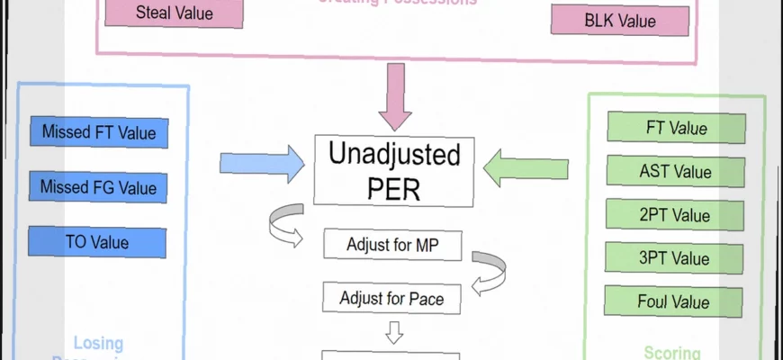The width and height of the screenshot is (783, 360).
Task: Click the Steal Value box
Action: tap(175, 13)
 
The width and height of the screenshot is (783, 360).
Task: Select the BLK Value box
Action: tap(620, 21)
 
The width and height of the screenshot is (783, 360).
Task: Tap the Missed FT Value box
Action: tap(98, 133)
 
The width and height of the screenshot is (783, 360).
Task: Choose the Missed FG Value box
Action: tap(98, 188)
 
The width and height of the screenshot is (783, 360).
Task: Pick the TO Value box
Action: tap(97, 242)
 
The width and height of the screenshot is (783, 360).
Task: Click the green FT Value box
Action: tap(676, 128)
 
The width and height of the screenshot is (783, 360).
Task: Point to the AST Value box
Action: tap(676, 171)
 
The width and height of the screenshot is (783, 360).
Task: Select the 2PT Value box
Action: tap(676, 215)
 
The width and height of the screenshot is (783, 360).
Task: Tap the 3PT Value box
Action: tap(676, 258)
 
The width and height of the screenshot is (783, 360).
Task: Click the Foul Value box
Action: tap(676, 301)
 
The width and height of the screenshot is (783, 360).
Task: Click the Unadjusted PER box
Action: tap(394, 169)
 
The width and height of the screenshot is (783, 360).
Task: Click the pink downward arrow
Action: tap(394, 96)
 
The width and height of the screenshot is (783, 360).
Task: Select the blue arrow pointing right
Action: tap(262, 164)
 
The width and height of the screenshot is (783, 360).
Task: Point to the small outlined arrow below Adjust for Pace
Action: tap(393, 334)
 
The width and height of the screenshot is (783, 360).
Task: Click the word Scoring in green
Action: tap(671, 353)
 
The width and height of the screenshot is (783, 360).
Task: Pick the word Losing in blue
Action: tap(99, 343)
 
